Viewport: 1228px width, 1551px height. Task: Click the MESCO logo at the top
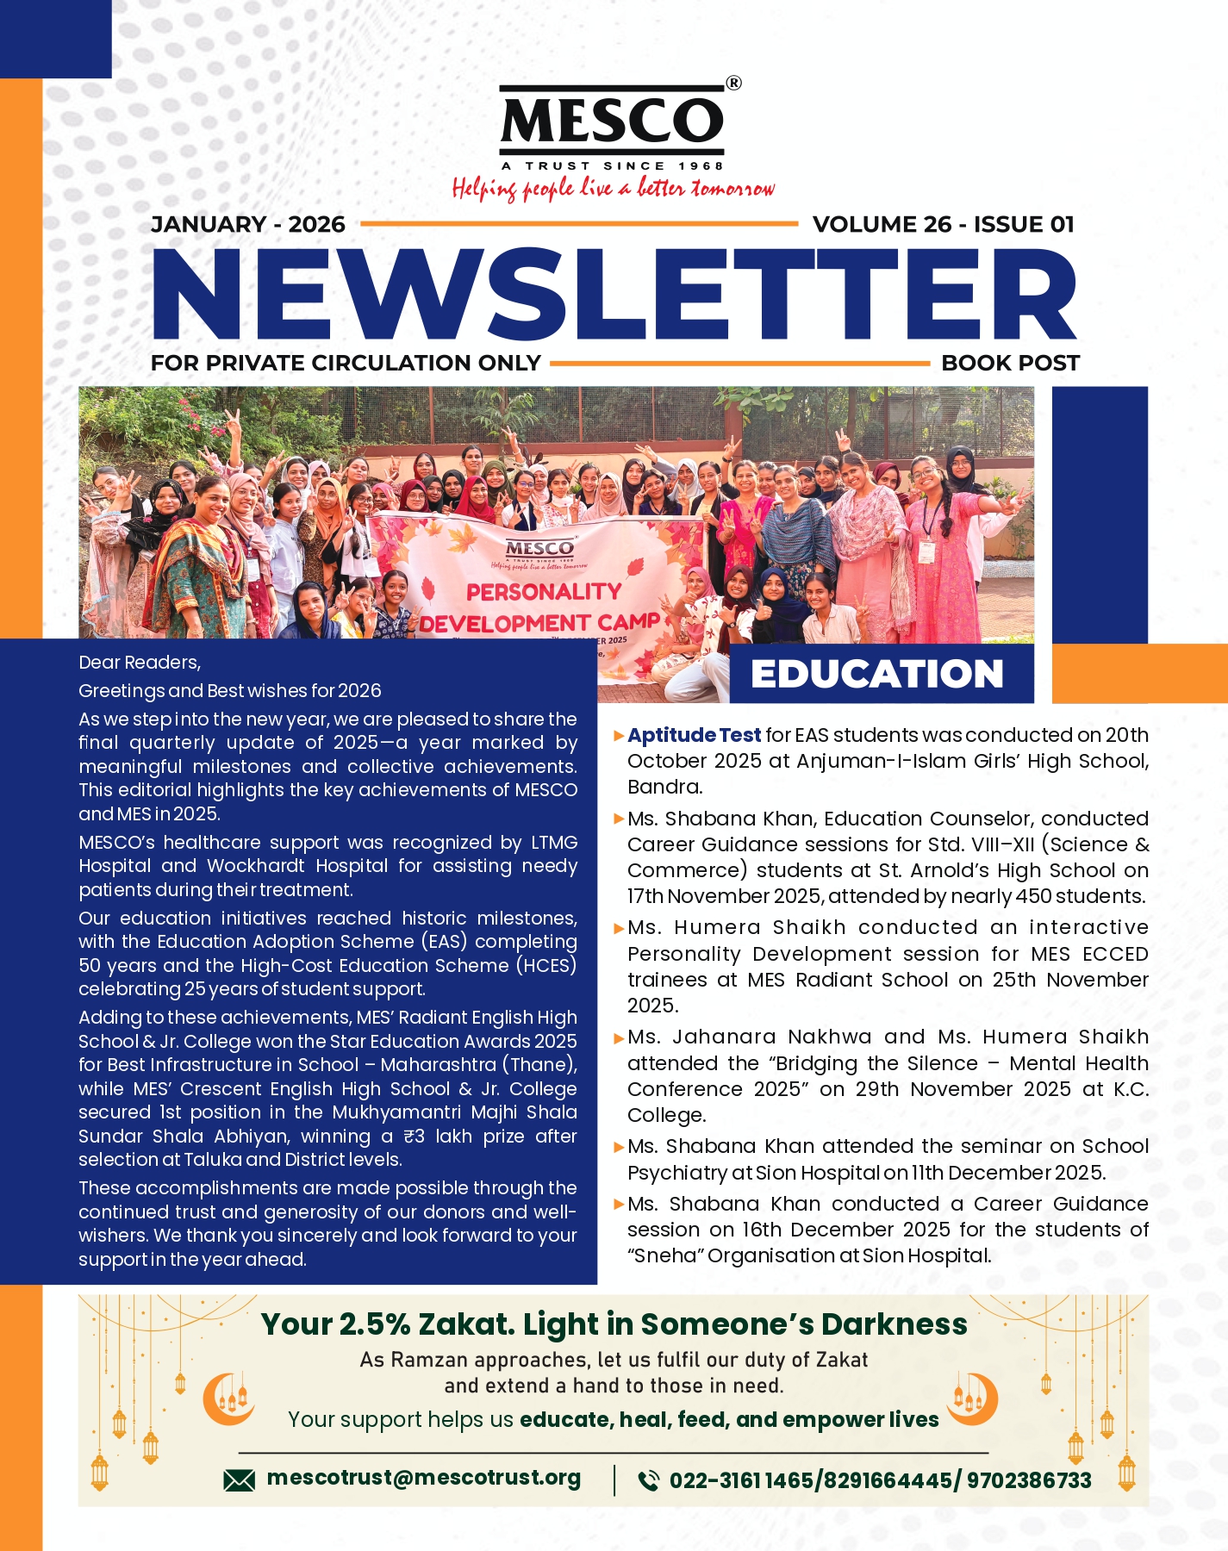[612, 121]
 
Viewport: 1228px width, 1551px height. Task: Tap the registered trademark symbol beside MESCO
[733, 84]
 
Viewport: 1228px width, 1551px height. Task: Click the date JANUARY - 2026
[248, 225]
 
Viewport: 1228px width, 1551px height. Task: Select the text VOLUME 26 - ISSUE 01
[944, 225]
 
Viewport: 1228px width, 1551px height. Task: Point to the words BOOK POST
[1010, 364]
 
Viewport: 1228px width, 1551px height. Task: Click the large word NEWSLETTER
[614, 295]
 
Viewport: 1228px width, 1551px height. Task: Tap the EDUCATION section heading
[877, 674]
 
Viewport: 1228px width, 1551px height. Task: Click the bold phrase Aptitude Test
[694, 735]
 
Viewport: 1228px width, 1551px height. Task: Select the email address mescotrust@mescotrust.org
[424, 1478]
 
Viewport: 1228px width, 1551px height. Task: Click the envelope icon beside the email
[239, 1480]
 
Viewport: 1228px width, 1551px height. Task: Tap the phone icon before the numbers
[648, 1480]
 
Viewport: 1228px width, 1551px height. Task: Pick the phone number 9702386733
[1029, 1480]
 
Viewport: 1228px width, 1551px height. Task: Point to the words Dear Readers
[140, 663]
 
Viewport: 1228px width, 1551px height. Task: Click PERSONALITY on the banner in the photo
[544, 592]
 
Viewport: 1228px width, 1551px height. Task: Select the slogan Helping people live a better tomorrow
[613, 188]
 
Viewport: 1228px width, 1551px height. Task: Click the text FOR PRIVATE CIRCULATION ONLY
[346, 364]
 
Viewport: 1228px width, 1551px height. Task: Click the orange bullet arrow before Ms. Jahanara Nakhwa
[619, 1038]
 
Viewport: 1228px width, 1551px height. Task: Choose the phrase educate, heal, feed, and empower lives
[729, 1420]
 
